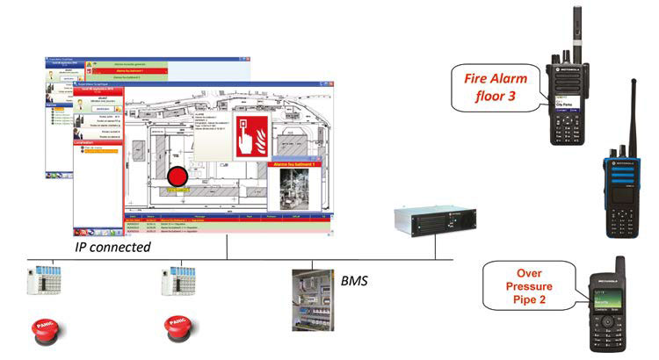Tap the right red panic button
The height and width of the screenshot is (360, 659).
click(177, 332)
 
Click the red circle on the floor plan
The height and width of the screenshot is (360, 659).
click(178, 176)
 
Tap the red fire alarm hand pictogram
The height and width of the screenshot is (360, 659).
click(256, 135)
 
